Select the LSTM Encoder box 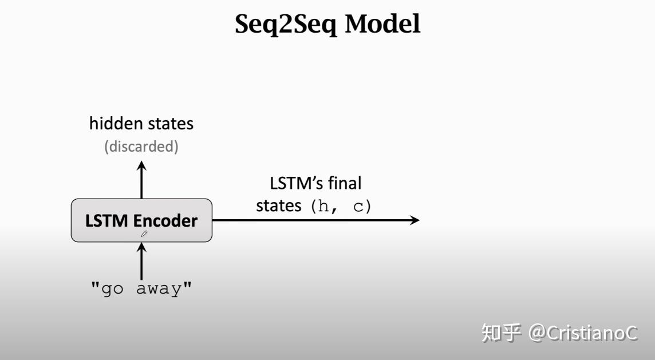pos(141,220)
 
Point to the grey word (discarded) pos(141,147)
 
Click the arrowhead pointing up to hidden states pos(141,165)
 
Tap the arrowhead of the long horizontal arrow pos(415,220)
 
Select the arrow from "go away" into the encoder pos(141,260)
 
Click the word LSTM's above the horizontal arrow pos(293,184)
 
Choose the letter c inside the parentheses pos(358,207)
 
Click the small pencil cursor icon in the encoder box pos(144,234)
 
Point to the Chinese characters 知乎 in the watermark pos(502,333)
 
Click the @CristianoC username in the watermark pos(583,333)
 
